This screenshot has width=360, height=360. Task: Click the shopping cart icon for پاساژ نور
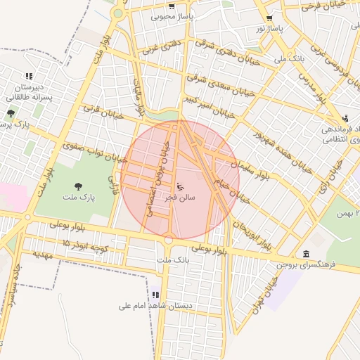(269, 18)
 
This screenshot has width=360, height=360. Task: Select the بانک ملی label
(290, 59)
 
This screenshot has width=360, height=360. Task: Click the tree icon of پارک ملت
(78, 186)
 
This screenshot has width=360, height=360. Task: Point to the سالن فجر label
(180, 198)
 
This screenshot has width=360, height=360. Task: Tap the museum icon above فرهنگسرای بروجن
(306, 254)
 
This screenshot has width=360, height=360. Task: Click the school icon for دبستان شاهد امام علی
(155, 295)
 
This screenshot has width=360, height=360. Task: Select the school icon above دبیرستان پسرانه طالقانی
(29, 76)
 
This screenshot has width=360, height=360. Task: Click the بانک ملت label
(173, 261)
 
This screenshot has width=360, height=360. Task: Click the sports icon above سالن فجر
(180, 187)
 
